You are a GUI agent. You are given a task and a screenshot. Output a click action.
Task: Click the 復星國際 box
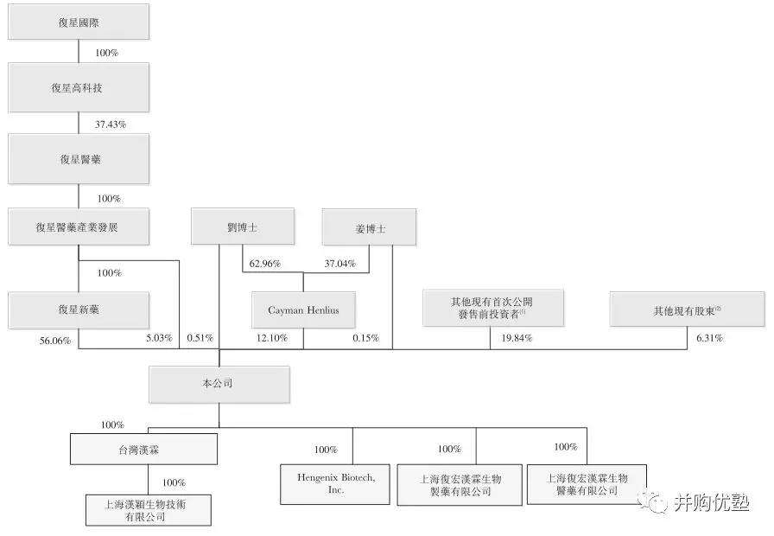[79, 22]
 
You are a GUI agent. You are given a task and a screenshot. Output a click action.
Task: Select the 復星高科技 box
[79, 87]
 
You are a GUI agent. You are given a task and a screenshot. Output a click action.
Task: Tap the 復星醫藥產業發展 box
[79, 227]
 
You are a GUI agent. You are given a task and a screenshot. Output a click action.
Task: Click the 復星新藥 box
[79, 309]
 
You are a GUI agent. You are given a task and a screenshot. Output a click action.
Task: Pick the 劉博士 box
[243, 227]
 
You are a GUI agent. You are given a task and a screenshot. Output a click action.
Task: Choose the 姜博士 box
[369, 227]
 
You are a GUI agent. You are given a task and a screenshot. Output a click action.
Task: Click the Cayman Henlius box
[303, 309]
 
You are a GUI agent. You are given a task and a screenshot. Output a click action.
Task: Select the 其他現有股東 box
[687, 309]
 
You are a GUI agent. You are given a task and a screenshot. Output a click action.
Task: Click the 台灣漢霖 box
[143, 449]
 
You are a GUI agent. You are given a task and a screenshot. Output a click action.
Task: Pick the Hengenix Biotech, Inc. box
[335, 484]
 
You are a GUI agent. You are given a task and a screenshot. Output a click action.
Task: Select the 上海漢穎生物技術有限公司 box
[149, 510]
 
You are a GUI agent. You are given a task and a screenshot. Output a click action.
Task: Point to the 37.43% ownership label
[111, 124]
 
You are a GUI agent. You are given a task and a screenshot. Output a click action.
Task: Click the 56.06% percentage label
[55, 341]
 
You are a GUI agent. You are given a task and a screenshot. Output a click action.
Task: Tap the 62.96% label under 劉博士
[264, 264]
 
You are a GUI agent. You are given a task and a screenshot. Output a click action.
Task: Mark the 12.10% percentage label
[272, 338]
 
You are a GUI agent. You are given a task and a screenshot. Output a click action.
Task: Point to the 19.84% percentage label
[517, 338]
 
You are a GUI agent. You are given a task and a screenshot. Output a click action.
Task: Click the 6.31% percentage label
[709, 338]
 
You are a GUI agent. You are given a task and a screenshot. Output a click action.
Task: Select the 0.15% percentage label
[365, 338]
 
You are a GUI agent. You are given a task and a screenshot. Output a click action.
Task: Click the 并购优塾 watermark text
[711, 503]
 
